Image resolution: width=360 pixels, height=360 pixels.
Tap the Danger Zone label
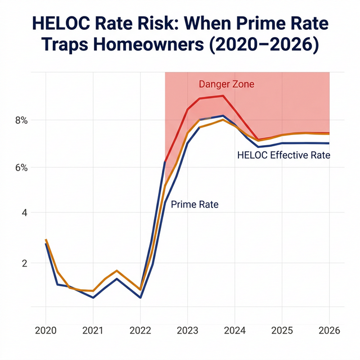(x=227, y=84)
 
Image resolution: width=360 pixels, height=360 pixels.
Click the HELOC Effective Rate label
(x=284, y=155)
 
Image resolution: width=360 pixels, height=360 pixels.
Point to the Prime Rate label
(x=194, y=205)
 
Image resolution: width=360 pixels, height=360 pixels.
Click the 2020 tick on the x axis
(x=46, y=331)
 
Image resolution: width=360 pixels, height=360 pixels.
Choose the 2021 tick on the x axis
(x=93, y=331)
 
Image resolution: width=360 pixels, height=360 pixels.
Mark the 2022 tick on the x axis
(x=140, y=331)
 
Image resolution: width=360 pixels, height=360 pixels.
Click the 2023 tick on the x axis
(x=187, y=331)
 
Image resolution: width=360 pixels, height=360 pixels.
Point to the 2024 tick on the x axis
(x=235, y=331)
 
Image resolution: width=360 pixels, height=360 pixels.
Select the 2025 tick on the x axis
(x=282, y=331)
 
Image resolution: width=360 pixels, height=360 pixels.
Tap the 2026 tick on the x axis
(x=329, y=331)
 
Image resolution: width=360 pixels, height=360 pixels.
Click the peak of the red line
(x=223, y=96)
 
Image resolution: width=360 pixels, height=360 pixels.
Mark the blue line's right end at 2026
(x=329, y=143)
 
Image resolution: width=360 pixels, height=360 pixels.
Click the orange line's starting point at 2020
(x=46, y=240)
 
